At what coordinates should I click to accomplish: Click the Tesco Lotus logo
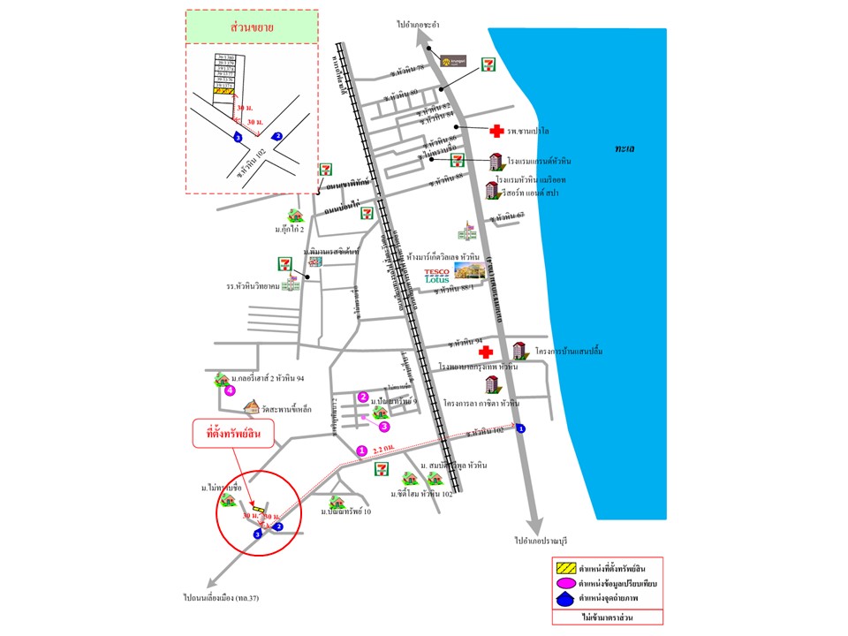coord(437,276)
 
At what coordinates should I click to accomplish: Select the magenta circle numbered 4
coord(230,390)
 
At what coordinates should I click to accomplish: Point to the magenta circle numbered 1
coord(360,450)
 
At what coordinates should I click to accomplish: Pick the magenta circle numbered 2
coord(363,397)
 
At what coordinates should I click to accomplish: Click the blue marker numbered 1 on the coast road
coord(520,428)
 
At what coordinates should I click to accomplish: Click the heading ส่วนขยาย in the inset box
coord(252,27)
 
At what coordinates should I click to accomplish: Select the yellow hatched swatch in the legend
coord(565,567)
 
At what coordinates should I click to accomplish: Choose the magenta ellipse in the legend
coord(565,584)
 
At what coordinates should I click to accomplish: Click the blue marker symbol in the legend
coord(565,601)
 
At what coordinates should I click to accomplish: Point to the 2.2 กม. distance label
coord(384,450)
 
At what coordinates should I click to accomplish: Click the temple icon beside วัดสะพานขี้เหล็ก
coord(251,407)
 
